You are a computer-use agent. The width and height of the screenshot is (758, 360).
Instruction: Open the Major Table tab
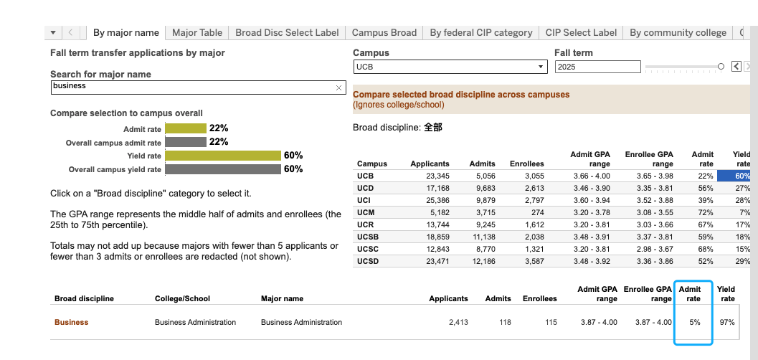[197, 33]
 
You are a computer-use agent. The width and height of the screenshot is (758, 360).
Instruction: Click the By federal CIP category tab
[481, 33]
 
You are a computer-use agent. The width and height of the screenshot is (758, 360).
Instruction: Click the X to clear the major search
[338, 87]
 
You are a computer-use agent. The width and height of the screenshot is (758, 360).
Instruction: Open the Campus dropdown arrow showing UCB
[541, 67]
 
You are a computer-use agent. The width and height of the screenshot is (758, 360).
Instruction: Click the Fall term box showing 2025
[598, 67]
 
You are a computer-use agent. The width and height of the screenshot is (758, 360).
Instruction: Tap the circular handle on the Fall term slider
[721, 66]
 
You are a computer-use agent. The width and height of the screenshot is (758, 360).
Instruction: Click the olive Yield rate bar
[223, 156]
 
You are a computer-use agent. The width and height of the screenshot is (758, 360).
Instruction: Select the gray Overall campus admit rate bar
[186, 142]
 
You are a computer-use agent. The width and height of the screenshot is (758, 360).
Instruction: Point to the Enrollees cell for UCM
[537, 212]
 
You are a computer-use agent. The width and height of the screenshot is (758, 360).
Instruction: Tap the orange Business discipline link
[72, 322]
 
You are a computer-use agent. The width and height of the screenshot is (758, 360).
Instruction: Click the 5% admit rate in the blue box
[695, 322]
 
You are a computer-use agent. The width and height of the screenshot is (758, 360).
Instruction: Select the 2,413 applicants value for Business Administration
[458, 322]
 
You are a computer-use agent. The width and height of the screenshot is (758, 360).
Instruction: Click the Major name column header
[283, 298]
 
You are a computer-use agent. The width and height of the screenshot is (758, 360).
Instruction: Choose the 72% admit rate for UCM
[706, 212]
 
